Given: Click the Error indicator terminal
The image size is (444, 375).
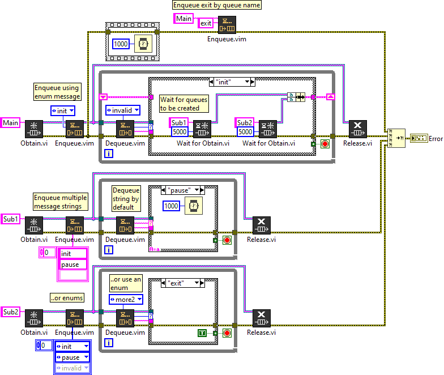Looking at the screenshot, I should pos(420,138).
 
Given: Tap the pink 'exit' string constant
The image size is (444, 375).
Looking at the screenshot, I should pos(206,23).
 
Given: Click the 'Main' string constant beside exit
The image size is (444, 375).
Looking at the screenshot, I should pos(183,19).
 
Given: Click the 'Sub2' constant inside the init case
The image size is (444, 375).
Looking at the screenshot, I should pos(244,122).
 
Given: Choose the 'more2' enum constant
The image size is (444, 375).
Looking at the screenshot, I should pos(125,299).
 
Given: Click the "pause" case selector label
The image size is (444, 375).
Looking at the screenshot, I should pos(180,190).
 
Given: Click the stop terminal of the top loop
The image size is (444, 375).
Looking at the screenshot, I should pos(325,144).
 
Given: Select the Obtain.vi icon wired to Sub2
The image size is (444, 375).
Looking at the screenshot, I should pos(33,318).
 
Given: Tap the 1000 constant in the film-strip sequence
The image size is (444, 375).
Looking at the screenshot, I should pos(121,44).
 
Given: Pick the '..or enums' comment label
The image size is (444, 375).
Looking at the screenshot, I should pos(67,297).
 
